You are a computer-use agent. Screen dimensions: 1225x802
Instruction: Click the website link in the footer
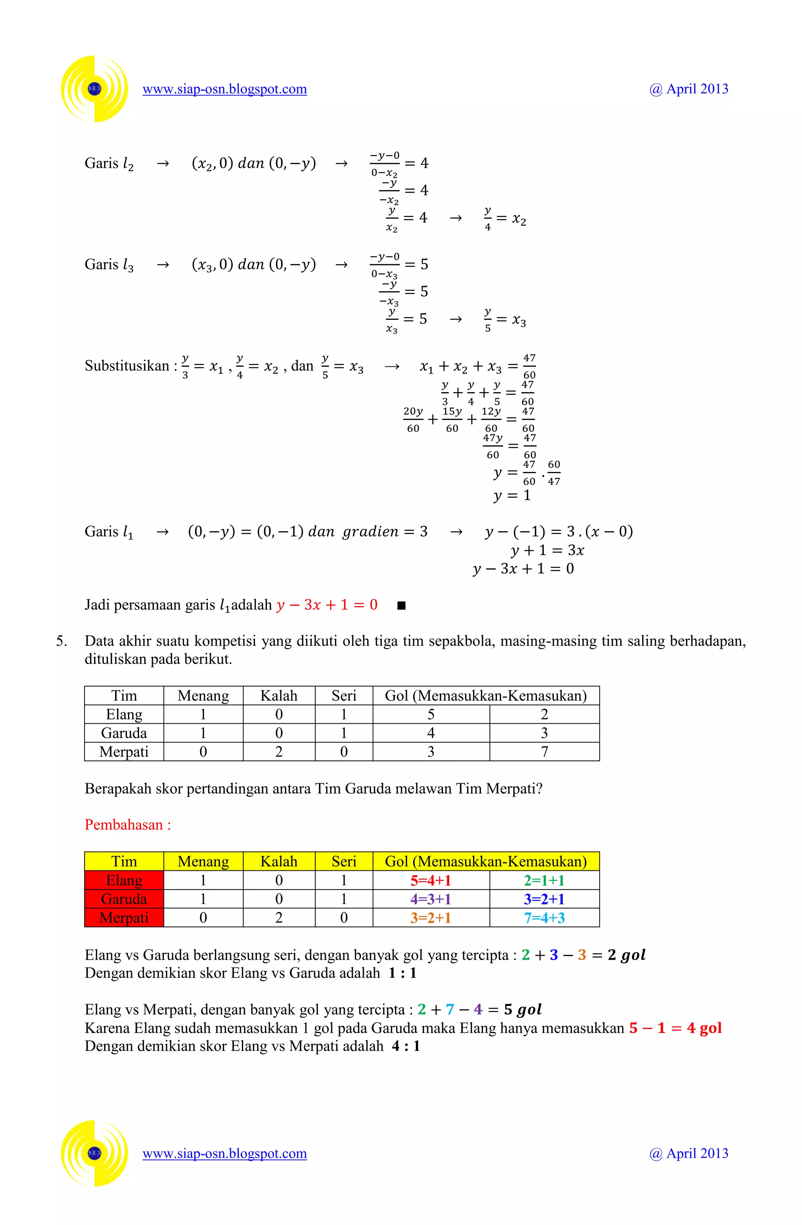tap(224, 1153)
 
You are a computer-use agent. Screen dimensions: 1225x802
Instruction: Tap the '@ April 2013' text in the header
tap(689, 89)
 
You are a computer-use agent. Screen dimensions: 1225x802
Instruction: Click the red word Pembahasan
tap(124, 825)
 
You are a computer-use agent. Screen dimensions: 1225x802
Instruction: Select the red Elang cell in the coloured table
tap(124, 880)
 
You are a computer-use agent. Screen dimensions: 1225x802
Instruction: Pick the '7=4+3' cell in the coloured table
tap(544, 918)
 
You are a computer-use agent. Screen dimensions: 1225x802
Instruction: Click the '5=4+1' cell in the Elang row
tap(431, 880)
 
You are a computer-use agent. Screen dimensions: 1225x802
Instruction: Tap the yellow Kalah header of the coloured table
tap(279, 862)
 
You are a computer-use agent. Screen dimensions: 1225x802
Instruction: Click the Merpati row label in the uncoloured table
tap(124, 751)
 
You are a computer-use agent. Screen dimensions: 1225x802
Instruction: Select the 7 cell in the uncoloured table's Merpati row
tap(544, 751)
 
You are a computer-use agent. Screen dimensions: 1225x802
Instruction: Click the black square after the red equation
tap(402, 605)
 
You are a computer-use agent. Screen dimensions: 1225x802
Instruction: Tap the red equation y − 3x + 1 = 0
tap(327, 605)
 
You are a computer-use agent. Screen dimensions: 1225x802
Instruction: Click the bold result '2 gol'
tap(626, 955)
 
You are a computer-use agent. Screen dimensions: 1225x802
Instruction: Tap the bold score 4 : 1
tap(406, 1046)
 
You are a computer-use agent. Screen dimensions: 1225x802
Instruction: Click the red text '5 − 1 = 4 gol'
tap(675, 1028)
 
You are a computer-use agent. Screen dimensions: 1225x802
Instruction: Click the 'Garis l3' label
tap(109, 265)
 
